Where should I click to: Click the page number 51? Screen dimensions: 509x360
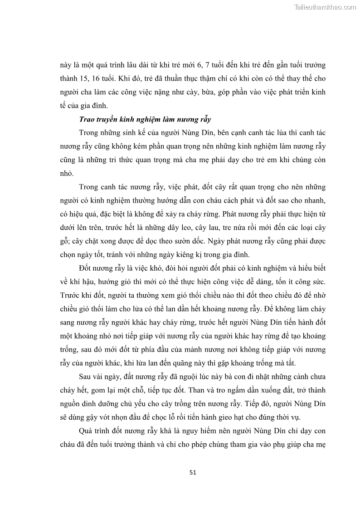click(192, 472)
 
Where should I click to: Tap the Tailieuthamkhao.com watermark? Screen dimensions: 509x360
click(325, 7)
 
